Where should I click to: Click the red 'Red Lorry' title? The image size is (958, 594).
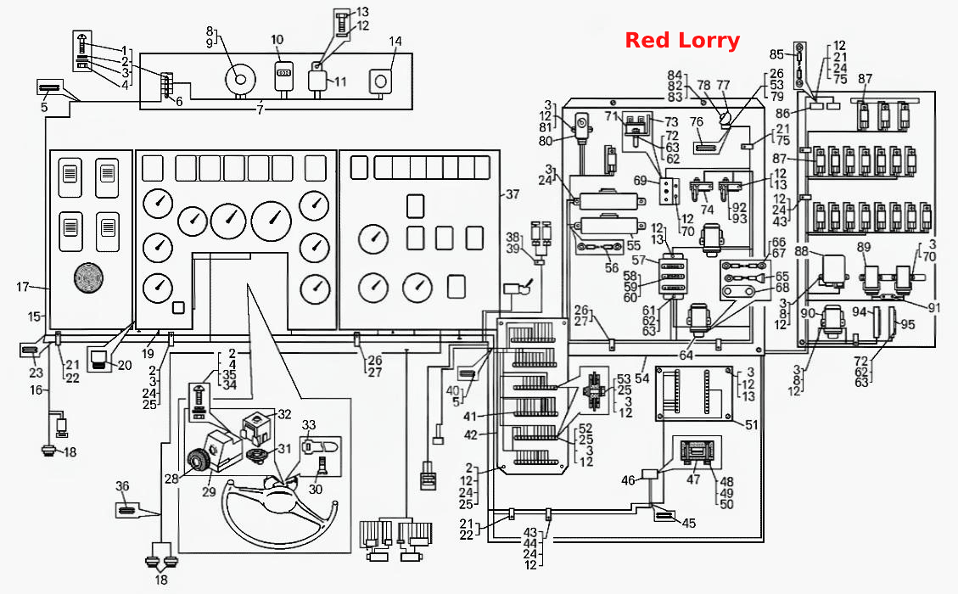682,41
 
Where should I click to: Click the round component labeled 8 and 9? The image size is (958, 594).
239,80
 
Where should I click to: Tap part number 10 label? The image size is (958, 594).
277,40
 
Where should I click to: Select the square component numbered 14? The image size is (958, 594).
381,81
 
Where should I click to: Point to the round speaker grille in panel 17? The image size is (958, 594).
89,278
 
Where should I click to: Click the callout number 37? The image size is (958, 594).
512,194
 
